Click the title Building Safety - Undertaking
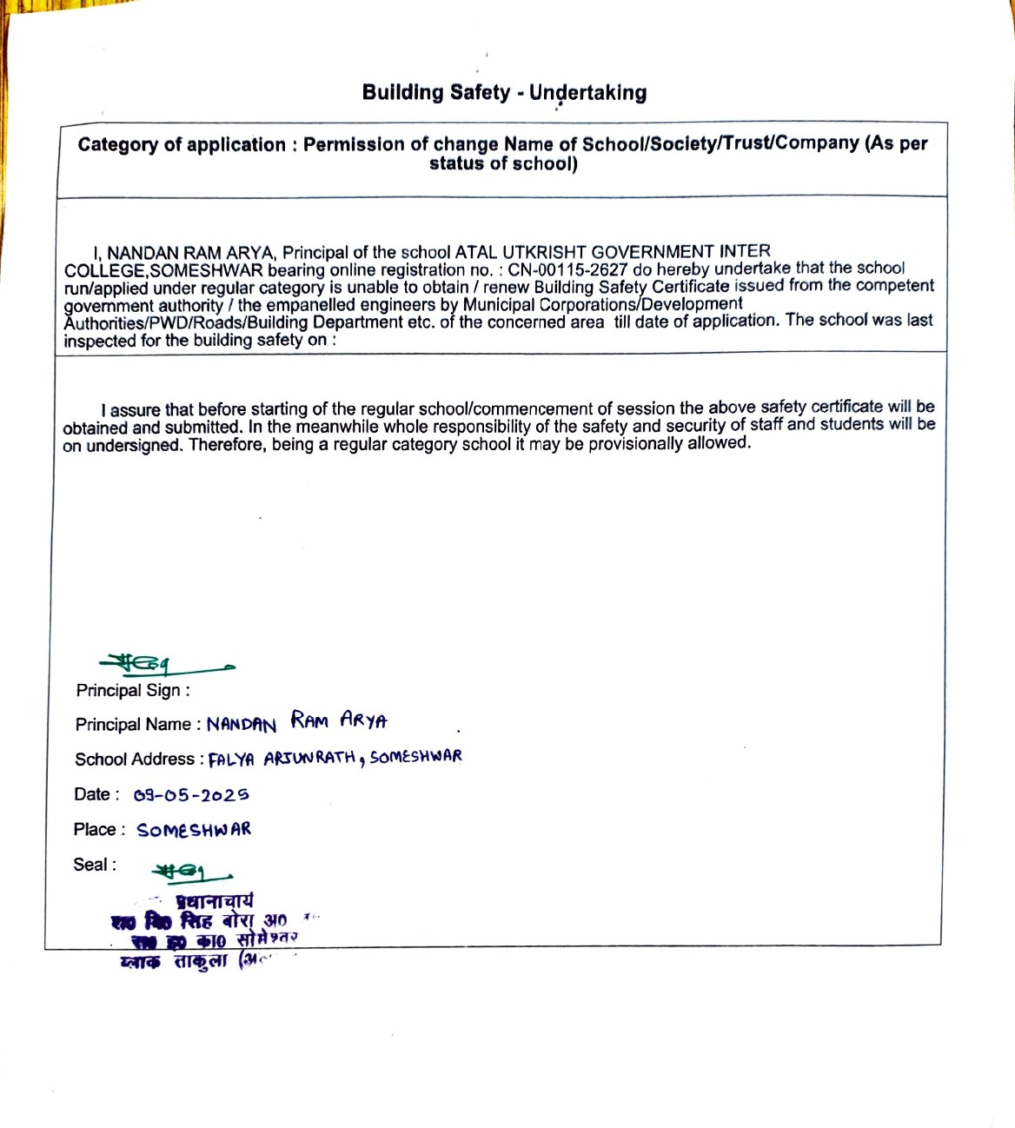click(504, 92)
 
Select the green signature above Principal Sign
click(165, 666)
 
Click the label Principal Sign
click(132, 691)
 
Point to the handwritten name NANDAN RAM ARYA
click(296, 722)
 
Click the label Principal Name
click(137, 725)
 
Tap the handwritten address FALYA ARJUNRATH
click(282, 759)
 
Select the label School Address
click(139, 760)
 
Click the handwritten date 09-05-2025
click(191, 795)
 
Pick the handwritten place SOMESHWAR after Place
click(194, 830)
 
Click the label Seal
click(94, 865)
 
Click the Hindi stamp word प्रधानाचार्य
click(215, 900)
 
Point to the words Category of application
click(182, 145)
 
